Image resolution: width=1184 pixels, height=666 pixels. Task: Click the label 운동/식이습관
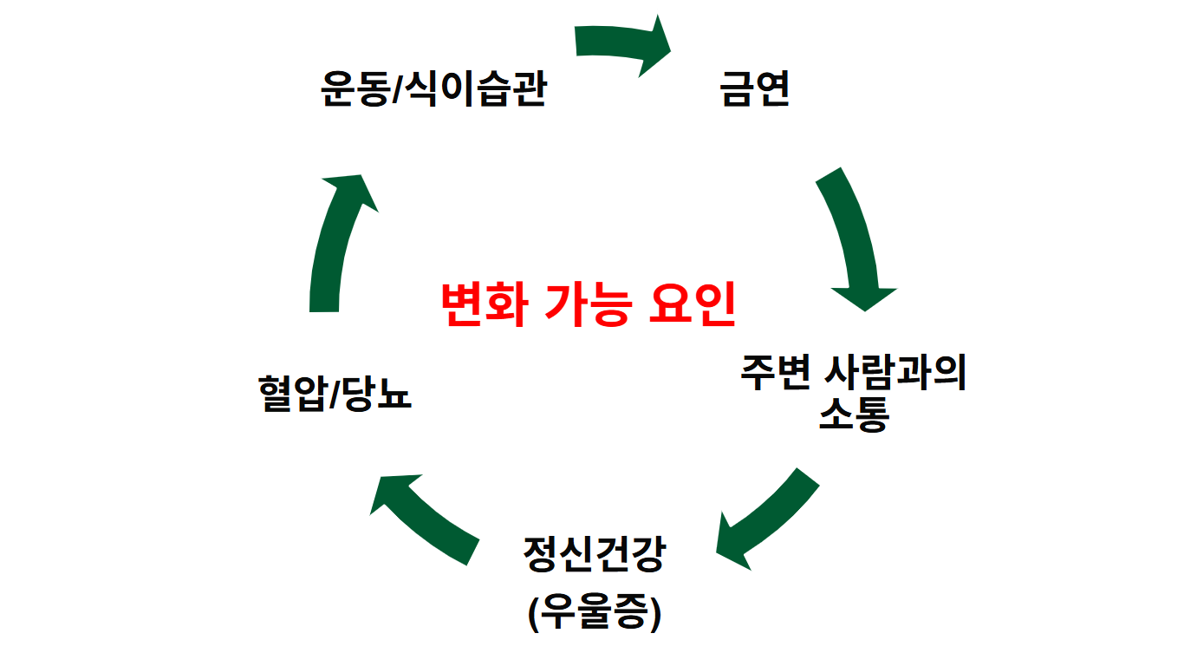click(433, 88)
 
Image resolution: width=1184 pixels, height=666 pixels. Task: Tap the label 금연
click(755, 88)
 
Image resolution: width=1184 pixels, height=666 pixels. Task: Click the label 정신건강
click(594, 554)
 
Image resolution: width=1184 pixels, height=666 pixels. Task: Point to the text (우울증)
click(594, 613)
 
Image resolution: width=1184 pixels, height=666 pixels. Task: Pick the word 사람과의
click(896, 373)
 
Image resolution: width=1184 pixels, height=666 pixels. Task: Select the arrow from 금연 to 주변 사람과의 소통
click(853, 238)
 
